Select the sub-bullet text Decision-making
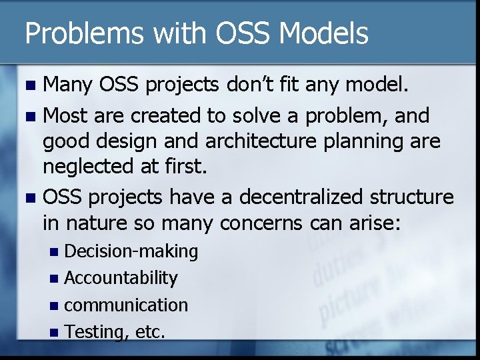(x=131, y=251)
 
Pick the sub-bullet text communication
(x=126, y=305)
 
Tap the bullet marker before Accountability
(x=56, y=279)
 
